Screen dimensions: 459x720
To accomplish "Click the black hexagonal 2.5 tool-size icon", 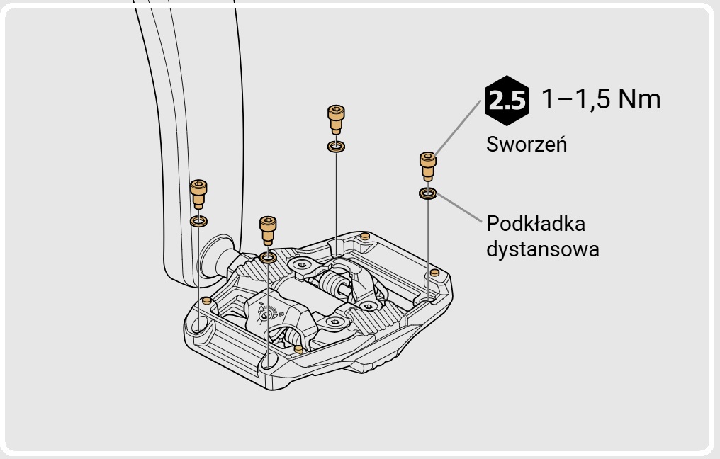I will (x=507, y=101).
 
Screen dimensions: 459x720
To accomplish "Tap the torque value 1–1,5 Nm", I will (x=601, y=99).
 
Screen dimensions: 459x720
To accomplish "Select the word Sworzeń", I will (x=526, y=144).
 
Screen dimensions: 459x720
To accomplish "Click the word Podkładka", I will (x=536, y=225).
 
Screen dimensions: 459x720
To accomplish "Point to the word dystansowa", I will (x=543, y=249).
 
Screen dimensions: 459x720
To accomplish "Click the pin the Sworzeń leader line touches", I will (x=427, y=166).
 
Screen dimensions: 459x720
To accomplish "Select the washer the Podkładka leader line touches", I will (x=427, y=193).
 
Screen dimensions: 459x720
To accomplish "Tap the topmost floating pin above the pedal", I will (x=336, y=118).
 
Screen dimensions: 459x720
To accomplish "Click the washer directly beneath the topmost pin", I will (x=336, y=147).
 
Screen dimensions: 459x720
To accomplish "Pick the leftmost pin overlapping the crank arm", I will (x=198, y=193).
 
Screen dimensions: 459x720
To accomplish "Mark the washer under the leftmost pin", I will (x=198, y=222).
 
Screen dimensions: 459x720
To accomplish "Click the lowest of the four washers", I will (x=268, y=256).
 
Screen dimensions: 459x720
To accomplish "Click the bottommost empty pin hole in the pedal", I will (x=270, y=363).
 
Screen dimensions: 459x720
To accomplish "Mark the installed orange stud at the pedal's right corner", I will (x=434, y=273).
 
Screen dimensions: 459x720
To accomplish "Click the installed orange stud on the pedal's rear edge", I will (x=365, y=236).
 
